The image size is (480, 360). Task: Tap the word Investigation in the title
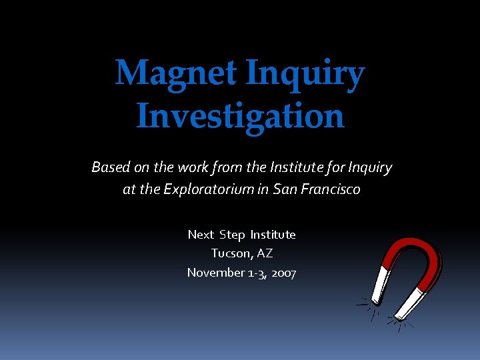pyautogui.click(x=240, y=115)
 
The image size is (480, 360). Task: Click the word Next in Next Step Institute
pyautogui.click(x=201, y=235)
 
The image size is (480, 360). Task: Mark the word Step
pyautogui.click(x=232, y=235)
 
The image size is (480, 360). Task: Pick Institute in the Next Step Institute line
pyautogui.click(x=273, y=235)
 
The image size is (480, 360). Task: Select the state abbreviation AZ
pyautogui.click(x=264, y=253)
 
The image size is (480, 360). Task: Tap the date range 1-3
pyautogui.click(x=256, y=273)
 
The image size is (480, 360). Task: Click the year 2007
pyautogui.click(x=284, y=273)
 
